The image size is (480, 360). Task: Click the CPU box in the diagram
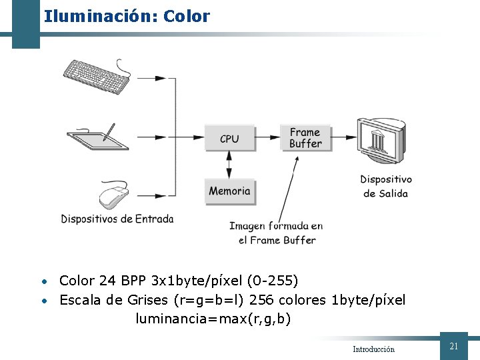coord(229,139)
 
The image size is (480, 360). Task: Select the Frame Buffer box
coord(305,138)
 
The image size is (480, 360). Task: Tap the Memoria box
coord(229,191)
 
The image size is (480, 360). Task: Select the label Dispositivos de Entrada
coord(117,219)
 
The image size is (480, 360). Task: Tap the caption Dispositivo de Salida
coord(386,186)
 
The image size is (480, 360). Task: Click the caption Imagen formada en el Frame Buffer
coord(277,233)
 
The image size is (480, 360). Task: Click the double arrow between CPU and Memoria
coord(229,164)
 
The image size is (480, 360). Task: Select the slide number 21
coord(454,346)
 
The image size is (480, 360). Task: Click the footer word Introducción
coord(373,349)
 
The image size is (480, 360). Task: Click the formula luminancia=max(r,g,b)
coord(213,319)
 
